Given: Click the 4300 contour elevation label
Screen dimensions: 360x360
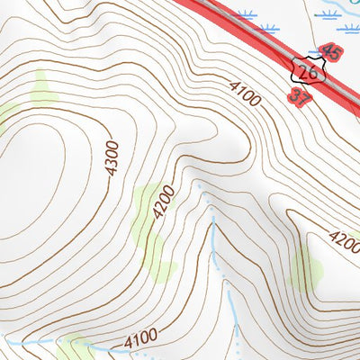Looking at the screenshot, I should (111, 159).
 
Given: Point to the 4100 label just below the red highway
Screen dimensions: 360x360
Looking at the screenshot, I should (244, 94).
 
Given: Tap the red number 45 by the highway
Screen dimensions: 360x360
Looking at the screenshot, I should (330, 51).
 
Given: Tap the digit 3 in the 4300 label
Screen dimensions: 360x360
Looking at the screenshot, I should (111, 159).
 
